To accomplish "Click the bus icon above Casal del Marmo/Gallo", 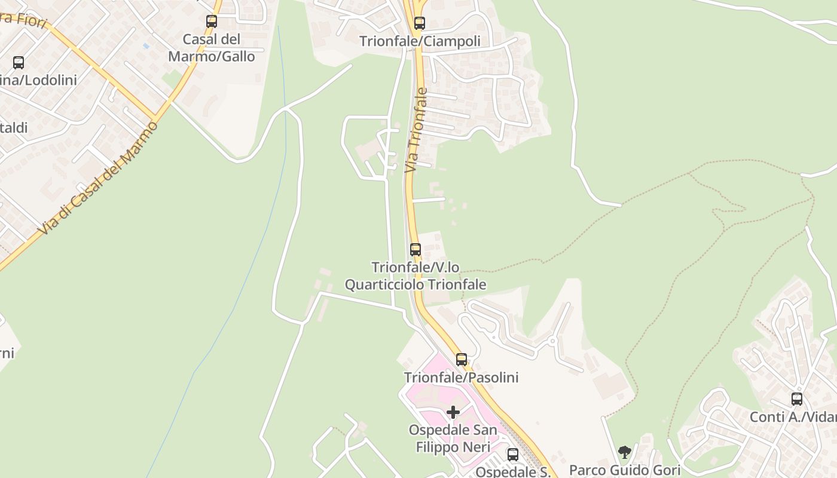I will coord(212,22).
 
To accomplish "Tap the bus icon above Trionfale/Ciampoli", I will coord(420,23).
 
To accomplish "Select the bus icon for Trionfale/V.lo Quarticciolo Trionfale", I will coord(416,250).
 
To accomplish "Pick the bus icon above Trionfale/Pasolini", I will coord(462,360).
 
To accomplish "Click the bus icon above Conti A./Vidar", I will coord(797,399).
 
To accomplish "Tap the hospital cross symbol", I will coord(453,412).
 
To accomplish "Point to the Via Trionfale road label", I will coord(417,130).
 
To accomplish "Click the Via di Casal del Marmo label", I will coord(99,178).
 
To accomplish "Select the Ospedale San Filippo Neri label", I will coord(453,439).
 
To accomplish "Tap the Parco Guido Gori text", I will coord(625,470).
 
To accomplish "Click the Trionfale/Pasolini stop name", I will coord(462,378).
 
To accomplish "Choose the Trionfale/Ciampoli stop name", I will coord(420,41).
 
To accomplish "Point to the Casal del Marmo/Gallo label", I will coord(212,48).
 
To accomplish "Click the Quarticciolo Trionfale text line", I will coord(416,285).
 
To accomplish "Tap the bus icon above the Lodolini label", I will coord(19,63).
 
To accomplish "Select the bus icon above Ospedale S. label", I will coord(513,455).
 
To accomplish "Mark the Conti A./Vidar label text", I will coord(793,417).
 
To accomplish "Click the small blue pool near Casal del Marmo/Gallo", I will coord(146,45).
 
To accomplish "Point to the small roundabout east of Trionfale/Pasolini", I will coord(552,341).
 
